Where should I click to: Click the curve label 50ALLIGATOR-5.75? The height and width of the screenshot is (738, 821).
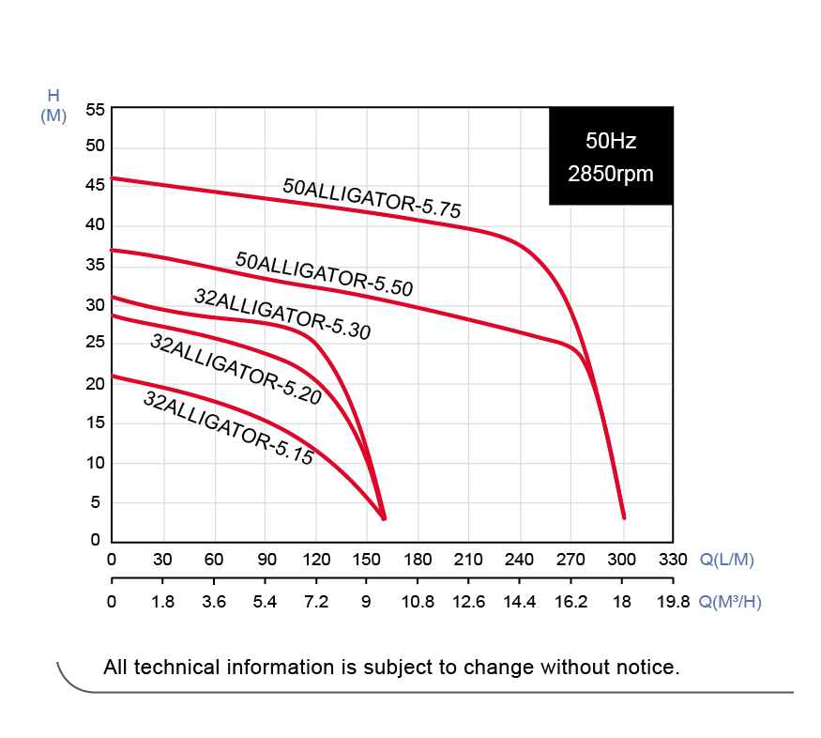(372, 198)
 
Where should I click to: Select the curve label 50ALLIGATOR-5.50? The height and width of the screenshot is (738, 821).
(324, 273)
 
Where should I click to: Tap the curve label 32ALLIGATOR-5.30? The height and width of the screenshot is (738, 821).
(282, 314)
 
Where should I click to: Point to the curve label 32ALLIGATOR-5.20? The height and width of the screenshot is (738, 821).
(236, 369)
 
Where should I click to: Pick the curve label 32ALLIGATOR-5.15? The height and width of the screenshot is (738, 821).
(228, 428)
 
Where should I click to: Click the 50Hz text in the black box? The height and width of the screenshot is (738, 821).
(611, 142)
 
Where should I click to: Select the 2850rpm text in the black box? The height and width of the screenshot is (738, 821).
(611, 175)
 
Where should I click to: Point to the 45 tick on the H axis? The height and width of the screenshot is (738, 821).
(94, 186)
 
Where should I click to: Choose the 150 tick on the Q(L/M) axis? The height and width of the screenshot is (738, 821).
(367, 561)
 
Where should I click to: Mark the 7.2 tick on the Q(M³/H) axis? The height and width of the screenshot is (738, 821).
(316, 602)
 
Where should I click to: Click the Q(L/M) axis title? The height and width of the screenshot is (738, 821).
(727, 561)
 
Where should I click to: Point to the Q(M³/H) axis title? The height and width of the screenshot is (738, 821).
(731, 602)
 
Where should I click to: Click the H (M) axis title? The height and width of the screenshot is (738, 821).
(53, 105)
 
